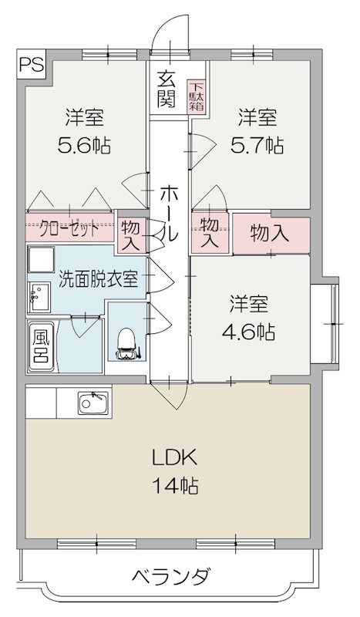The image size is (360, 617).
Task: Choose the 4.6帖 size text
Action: [x=248, y=332]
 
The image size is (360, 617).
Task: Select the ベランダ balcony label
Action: [x=170, y=577]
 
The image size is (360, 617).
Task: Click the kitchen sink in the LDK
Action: [x=94, y=402]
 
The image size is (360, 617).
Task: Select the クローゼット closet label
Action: [x=69, y=229]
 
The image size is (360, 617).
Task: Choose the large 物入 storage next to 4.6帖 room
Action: [x=270, y=233]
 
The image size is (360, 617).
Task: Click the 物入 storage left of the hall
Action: [x=130, y=234]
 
